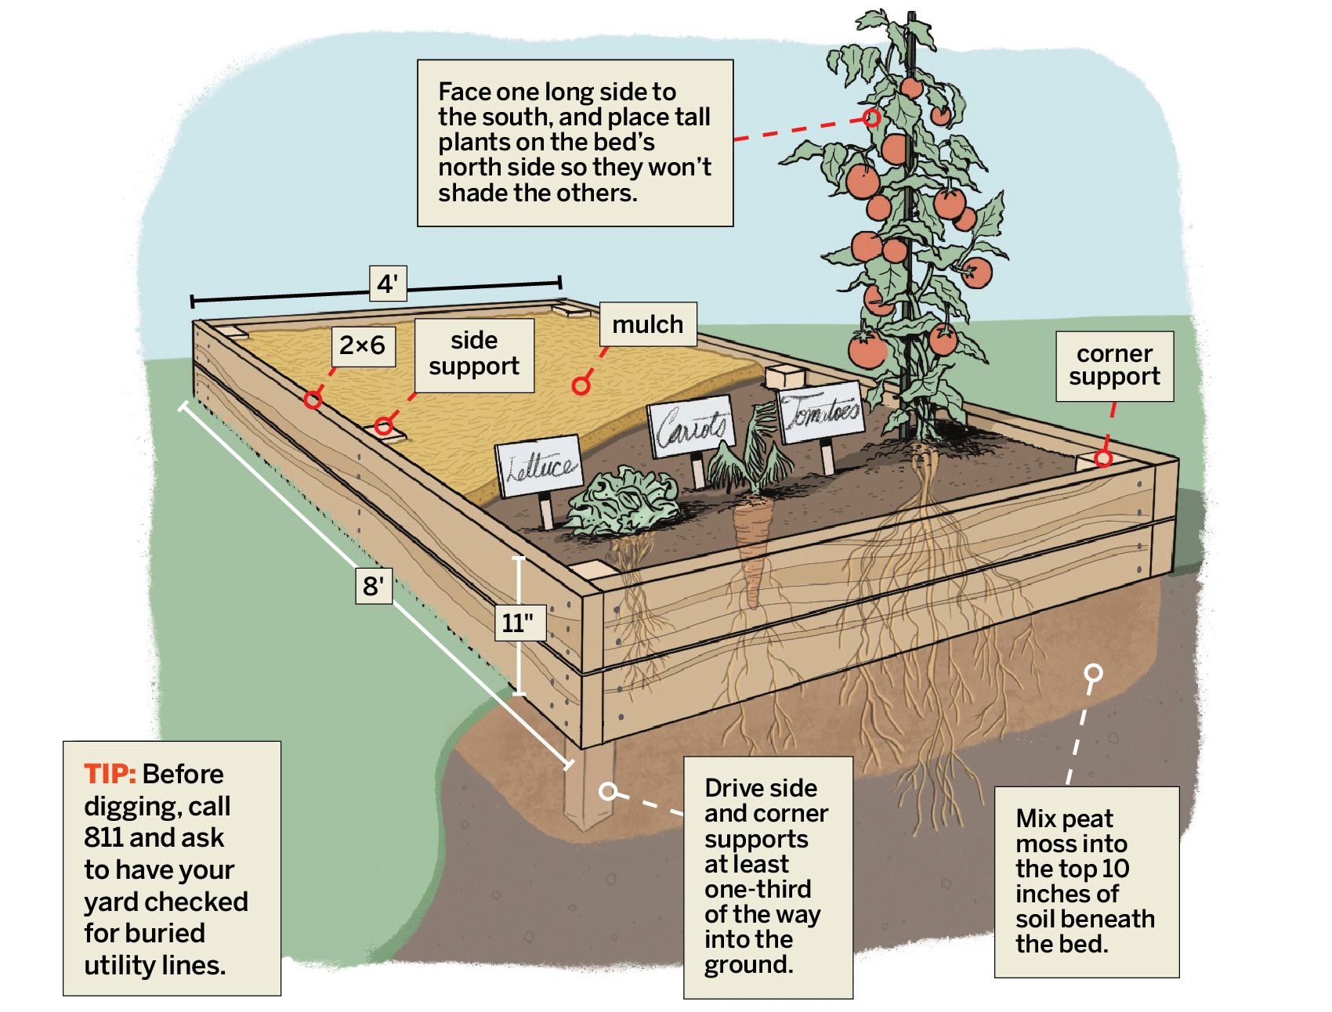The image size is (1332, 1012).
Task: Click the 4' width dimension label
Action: point(388,284)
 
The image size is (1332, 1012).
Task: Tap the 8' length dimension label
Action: point(373,586)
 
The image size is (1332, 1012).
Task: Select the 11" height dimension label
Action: point(519,623)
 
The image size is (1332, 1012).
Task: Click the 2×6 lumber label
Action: point(363,345)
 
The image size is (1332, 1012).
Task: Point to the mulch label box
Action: point(648,324)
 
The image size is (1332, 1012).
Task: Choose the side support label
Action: point(474,354)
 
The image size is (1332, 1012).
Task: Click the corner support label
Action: point(1114,366)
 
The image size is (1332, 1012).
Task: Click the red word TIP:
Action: point(110,775)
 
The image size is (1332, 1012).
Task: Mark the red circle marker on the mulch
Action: point(581,385)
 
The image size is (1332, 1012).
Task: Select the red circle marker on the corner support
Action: point(1103,458)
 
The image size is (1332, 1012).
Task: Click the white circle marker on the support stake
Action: point(608,791)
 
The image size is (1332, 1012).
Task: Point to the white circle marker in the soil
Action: point(1093,673)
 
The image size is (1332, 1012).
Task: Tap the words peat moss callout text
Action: point(1070,831)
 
